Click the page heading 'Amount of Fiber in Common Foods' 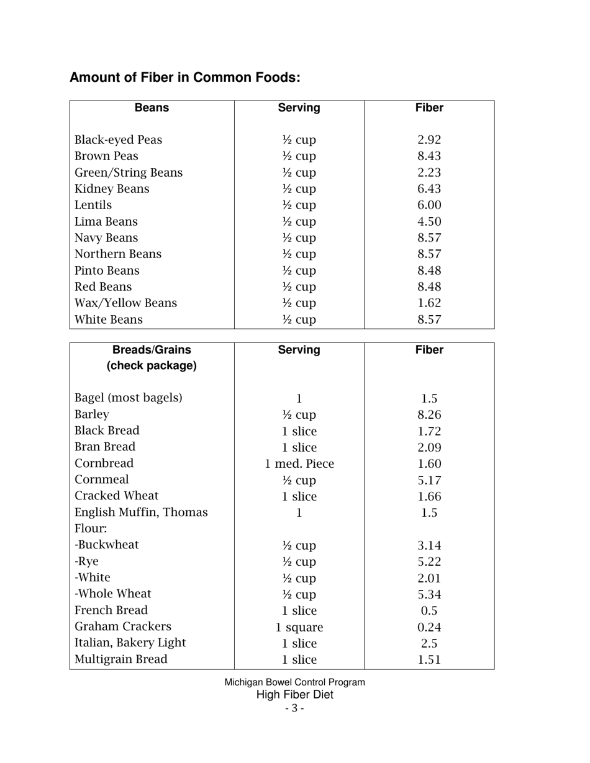pos(185,78)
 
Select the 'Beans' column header pos(152,108)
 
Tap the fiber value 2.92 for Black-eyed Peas pos(429,140)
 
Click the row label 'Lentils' pos(93,205)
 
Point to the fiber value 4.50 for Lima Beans pos(429,222)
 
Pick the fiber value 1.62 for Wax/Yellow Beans pos(429,303)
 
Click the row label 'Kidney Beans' pos(112,189)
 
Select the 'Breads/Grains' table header pos(152,350)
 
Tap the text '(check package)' pos(152,366)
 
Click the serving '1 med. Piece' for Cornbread pos(299,464)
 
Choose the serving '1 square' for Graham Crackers pos(299,628)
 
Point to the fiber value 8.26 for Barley pos(429,415)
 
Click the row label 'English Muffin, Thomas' pos(141,513)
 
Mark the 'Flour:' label pos(91,529)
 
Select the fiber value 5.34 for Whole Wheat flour pos(429,595)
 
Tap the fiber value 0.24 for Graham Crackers pos(429,628)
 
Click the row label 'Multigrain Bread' pos(120,660)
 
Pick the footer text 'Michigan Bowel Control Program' pos(294,682)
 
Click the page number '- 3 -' pos(294,708)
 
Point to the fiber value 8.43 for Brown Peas pos(429,156)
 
